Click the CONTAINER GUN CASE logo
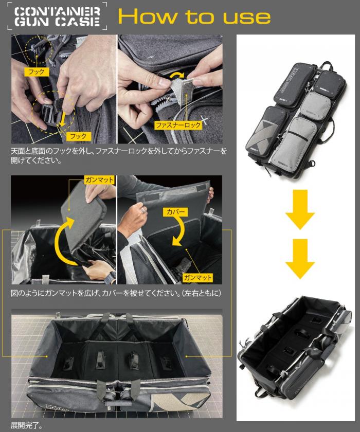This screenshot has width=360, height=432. [57, 16]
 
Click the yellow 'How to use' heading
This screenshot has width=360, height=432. [194, 16]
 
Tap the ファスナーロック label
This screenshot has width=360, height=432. [178, 125]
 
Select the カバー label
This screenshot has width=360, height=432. [175, 212]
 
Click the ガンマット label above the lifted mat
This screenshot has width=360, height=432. [99, 180]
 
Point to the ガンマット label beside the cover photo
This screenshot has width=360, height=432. [198, 277]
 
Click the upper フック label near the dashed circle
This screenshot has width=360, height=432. [37, 72]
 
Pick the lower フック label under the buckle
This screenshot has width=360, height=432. [78, 136]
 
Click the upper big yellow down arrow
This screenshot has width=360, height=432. [300, 209]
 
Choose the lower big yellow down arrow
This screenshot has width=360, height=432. [300, 259]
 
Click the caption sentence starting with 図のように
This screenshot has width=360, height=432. [116, 293]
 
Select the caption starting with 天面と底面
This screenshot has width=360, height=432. [119, 155]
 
